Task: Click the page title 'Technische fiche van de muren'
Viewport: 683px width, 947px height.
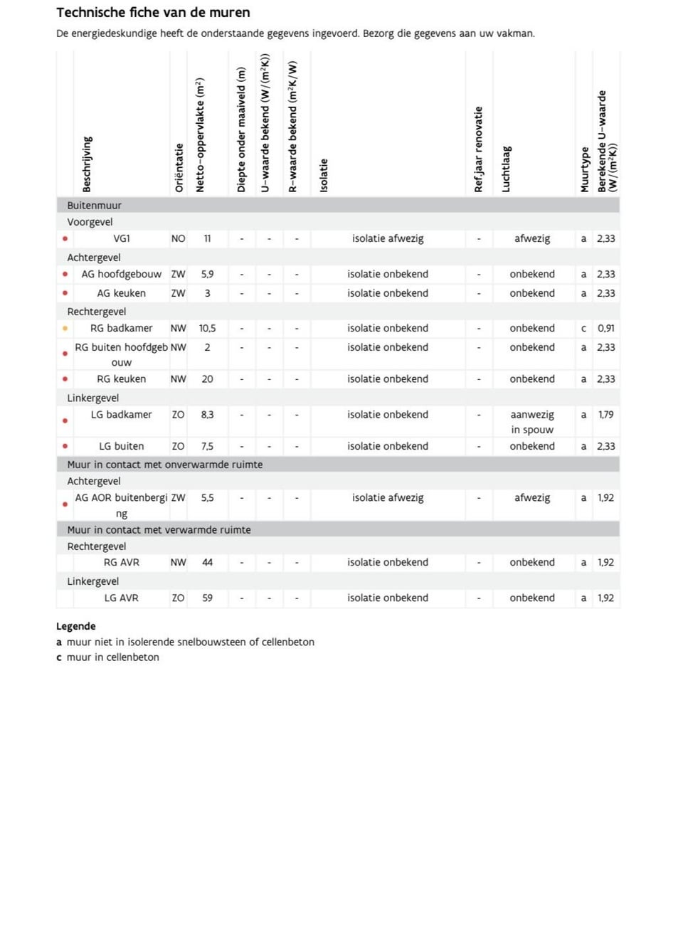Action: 153,13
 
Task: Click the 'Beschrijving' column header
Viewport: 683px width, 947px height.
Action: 87,164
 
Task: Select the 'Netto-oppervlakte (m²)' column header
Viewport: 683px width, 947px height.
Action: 200,135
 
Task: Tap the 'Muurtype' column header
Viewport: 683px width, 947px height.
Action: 585,169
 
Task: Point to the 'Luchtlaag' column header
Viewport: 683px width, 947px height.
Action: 506,169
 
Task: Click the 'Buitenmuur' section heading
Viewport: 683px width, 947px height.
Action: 94,206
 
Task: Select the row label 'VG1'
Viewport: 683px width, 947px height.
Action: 122,239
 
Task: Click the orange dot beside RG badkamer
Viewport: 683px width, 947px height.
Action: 65,329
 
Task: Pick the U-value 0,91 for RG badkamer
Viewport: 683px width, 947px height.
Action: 606,329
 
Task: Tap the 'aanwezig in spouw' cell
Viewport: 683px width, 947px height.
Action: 532,422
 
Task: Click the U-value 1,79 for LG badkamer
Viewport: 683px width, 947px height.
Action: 606,415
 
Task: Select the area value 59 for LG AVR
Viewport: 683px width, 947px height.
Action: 207,598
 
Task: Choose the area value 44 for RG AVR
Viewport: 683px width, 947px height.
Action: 207,563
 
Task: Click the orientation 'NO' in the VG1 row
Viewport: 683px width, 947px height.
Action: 178,239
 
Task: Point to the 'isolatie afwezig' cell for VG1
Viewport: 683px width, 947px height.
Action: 388,239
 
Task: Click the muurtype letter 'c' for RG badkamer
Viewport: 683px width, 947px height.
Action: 583,329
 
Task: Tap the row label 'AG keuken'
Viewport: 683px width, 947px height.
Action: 122,293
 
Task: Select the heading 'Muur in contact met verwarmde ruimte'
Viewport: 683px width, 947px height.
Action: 159,530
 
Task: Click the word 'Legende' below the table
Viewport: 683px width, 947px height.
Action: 75,627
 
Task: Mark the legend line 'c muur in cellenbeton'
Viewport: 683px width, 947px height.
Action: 107,657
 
